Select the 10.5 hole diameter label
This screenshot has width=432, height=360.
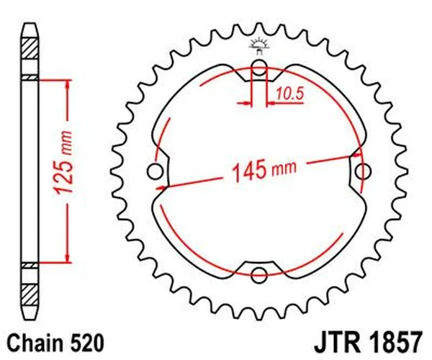284,93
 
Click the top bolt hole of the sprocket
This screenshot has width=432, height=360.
260,71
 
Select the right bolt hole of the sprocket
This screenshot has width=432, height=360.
365,171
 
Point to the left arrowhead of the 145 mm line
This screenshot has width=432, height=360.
161,185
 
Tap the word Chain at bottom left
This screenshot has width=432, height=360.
36,339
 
